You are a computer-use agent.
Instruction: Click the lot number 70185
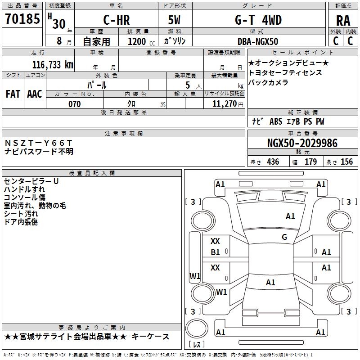coord(22,19)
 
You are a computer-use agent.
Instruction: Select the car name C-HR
coord(117,20)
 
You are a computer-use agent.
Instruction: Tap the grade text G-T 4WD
coord(258,20)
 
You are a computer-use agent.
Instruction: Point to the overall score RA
coord(343,21)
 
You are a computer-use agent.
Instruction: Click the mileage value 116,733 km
coord(53,65)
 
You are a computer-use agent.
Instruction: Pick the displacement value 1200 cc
coord(141,41)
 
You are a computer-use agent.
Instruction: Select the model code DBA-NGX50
coord(258,41)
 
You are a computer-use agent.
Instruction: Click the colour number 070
coord(75,104)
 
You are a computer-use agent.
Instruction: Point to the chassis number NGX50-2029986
coord(302,143)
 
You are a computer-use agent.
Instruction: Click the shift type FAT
coord(13,94)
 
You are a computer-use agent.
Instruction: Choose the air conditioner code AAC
coord(35,94)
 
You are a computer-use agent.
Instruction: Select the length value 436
coord(273,162)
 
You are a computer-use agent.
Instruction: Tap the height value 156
coord(346,162)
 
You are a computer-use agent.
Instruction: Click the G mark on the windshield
coord(284,237)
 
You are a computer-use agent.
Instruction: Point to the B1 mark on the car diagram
coord(216,252)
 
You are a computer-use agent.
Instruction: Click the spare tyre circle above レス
coord(197,328)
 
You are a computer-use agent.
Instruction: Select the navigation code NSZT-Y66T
coord(38,143)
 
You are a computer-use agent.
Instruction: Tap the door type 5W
coord(174,20)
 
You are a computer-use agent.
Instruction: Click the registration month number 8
coord(59,41)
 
